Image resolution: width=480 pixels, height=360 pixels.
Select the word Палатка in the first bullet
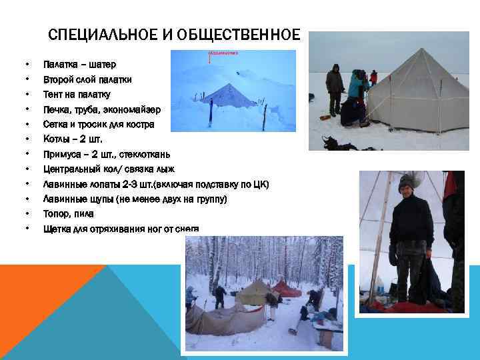click(x=59, y=65)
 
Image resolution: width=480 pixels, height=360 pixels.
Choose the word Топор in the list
click(x=55, y=214)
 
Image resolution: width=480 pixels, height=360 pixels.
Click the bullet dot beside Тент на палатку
click(x=26, y=94)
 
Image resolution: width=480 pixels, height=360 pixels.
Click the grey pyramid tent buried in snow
click(x=229, y=95)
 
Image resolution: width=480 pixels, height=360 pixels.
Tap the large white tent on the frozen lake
click(x=417, y=90)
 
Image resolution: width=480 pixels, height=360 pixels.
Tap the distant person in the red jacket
click(x=373, y=77)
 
